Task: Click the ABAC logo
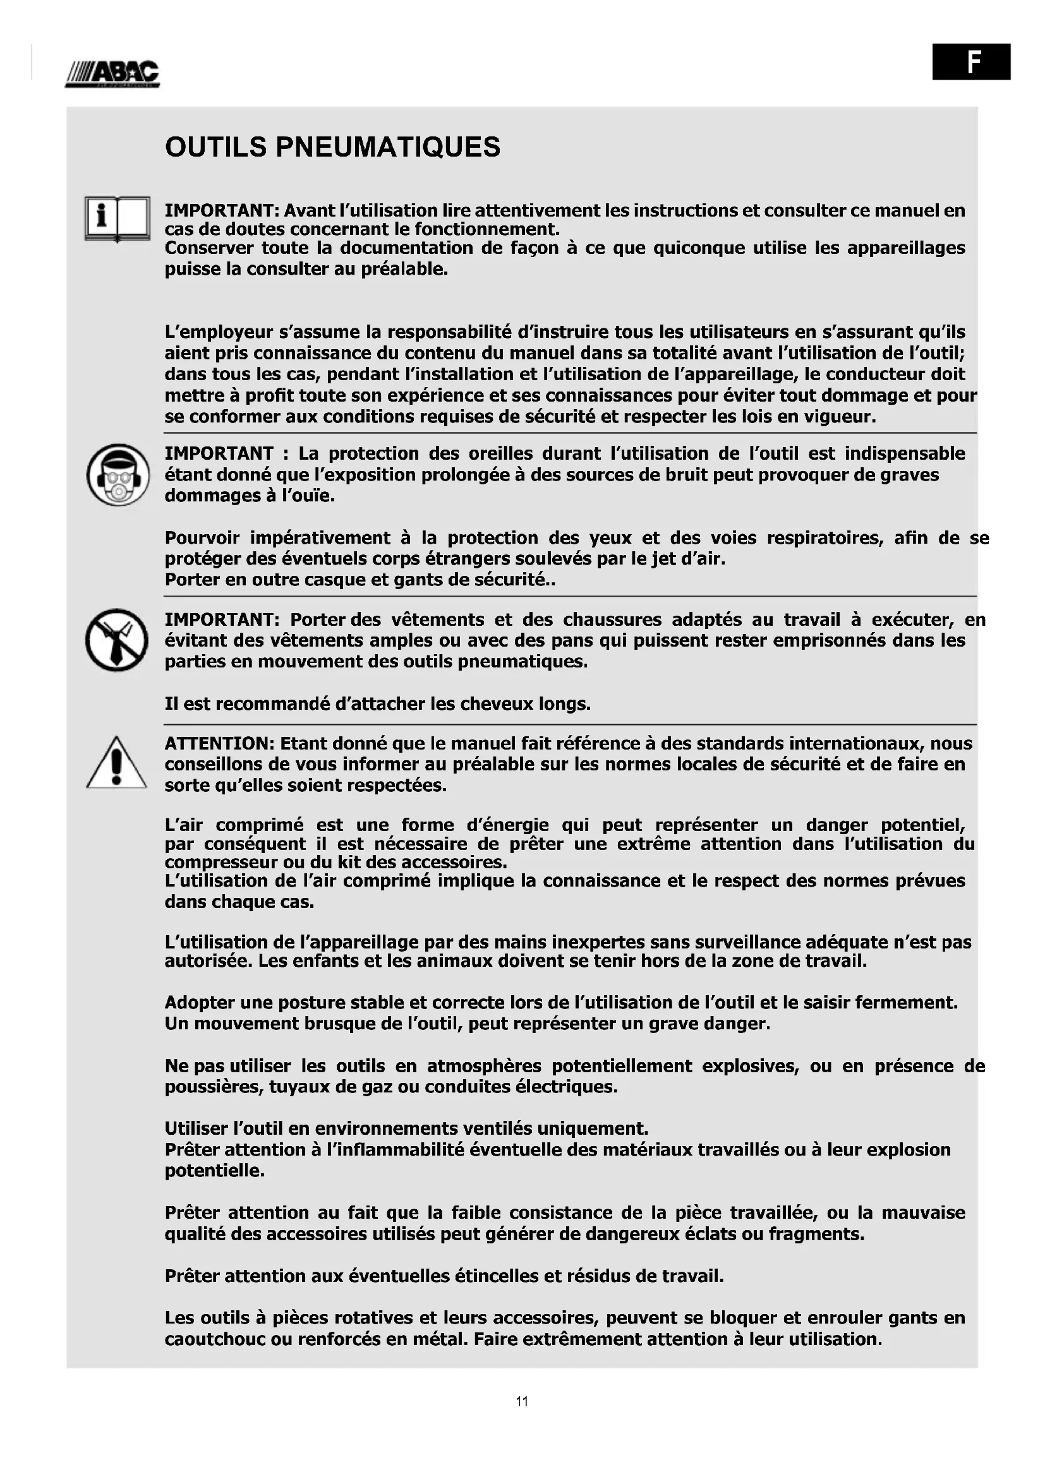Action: click(x=112, y=73)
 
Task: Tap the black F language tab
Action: click(x=971, y=61)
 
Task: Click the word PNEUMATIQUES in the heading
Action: click(x=387, y=147)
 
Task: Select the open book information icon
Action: click(x=117, y=218)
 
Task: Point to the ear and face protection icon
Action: click(x=118, y=475)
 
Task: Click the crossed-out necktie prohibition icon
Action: click(x=116, y=640)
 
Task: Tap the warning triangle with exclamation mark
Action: click(x=116, y=763)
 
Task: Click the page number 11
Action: click(x=522, y=1401)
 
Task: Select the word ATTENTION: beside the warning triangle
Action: click(x=219, y=744)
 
